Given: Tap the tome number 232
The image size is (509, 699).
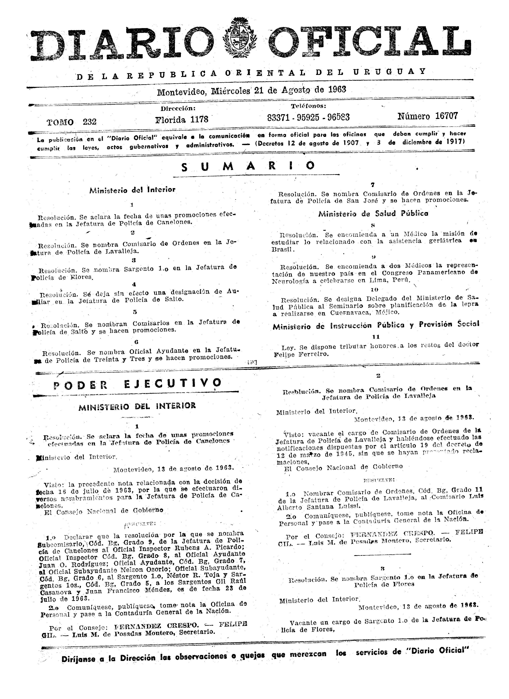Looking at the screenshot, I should point(90,122).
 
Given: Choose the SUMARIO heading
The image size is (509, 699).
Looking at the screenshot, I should point(248,166).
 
